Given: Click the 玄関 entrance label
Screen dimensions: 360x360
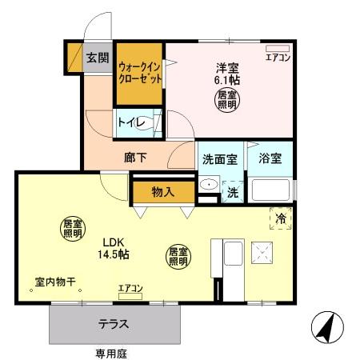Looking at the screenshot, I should [x=98, y=58].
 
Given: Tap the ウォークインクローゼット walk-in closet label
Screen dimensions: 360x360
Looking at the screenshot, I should [x=140, y=73].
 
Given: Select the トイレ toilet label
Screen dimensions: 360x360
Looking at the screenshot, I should [x=130, y=122].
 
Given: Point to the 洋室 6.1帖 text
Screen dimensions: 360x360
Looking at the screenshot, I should [x=226, y=74].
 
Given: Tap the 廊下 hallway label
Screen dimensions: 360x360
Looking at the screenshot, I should [x=135, y=158].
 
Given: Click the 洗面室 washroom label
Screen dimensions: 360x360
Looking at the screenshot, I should [x=218, y=158].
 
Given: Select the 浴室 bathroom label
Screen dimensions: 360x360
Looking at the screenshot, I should [x=270, y=158].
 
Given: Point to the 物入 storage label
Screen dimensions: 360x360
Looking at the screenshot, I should [x=162, y=192].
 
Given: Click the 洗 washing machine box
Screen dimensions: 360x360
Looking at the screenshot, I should [x=232, y=192].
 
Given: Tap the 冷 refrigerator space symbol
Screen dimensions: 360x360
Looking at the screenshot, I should [x=281, y=218].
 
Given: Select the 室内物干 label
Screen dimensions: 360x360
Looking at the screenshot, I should [x=54, y=282].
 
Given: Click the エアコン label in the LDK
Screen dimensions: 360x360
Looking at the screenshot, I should [x=130, y=288].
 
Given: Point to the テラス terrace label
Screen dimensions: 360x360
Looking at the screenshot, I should [x=114, y=325].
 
